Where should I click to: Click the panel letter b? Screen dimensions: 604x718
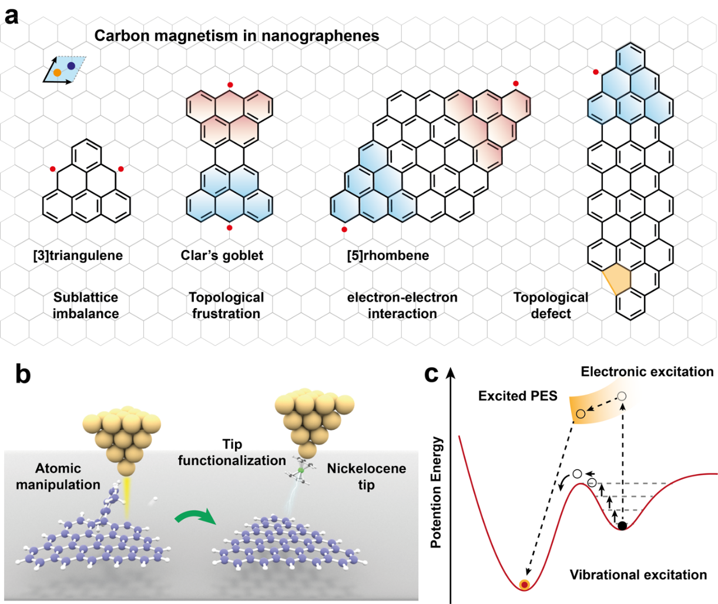[22, 375]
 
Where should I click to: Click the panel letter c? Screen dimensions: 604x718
[431, 375]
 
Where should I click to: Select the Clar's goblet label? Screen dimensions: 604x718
[222, 255]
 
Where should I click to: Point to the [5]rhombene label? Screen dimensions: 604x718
[388, 255]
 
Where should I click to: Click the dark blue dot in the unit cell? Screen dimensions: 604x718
[71, 66]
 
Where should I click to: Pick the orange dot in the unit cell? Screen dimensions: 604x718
[57, 72]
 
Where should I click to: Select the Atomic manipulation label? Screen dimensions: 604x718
[58, 476]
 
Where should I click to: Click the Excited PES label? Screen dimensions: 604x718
[517, 396]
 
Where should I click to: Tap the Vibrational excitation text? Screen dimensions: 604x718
[638, 575]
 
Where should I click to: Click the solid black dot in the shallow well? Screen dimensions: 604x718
[622, 525]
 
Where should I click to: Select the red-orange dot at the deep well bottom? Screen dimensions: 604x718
[525, 584]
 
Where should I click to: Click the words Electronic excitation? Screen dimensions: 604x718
[647, 372]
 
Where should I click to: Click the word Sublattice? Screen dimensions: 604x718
[86, 298]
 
